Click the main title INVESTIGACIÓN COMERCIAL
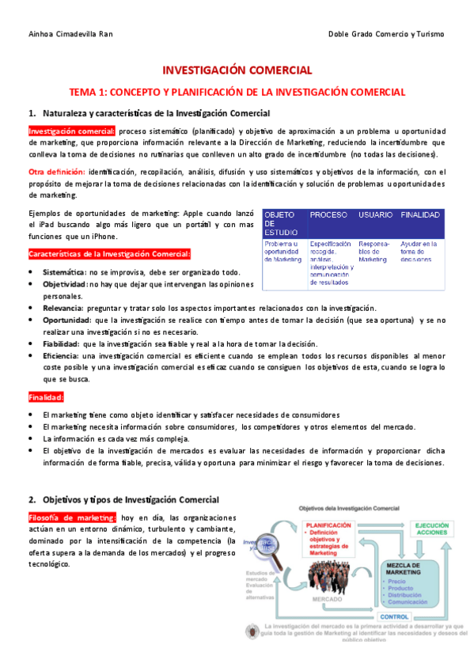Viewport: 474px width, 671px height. click(x=237, y=70)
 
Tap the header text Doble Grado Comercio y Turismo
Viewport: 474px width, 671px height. click(x=386, y=34)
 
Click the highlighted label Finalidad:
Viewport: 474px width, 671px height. click(x=47, y=396)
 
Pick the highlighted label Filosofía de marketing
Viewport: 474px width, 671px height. click(x=71, y=517)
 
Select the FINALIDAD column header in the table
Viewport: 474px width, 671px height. click(x=420, y=215)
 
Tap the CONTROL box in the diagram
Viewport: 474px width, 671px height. click(x=394, y=616)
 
